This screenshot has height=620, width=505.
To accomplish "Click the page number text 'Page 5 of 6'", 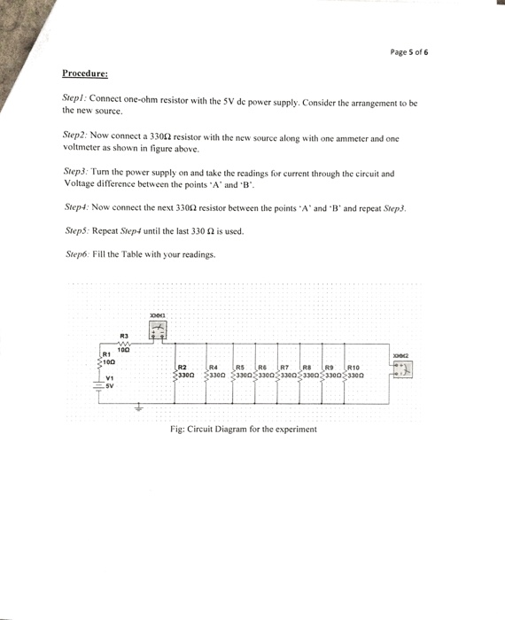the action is coord(409,53).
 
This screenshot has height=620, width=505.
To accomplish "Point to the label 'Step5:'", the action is coord(79,231).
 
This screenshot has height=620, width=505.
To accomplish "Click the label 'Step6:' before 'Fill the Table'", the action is coord(79,254).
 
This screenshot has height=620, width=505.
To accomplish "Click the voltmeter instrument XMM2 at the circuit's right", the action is coord(403,366).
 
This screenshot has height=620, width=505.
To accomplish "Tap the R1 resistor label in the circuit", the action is coord(103,354).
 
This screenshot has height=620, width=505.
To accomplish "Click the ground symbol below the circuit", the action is coord(137,408).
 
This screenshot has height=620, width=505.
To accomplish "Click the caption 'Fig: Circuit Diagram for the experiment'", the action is coord(243,430).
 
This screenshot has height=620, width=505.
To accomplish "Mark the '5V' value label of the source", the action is coord(110,385).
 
